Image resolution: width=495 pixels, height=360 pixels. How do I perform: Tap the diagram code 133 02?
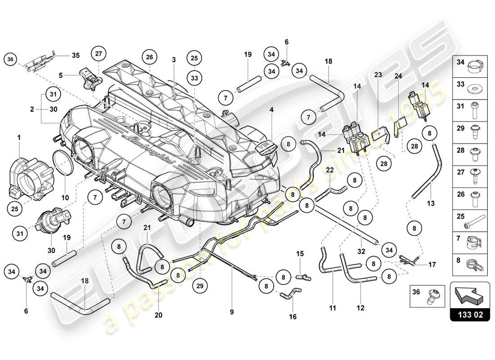pos(469,315)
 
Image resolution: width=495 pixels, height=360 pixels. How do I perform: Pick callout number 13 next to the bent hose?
pos(431,204)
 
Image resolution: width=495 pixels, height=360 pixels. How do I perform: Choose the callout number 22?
pos(330,170)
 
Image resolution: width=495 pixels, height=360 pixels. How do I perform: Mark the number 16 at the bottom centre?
pos(292,317)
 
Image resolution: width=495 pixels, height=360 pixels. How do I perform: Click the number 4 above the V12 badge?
pos(271,109)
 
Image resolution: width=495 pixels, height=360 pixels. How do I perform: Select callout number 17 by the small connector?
pos(432,265)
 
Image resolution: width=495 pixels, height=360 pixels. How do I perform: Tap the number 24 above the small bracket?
pos(398,76)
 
